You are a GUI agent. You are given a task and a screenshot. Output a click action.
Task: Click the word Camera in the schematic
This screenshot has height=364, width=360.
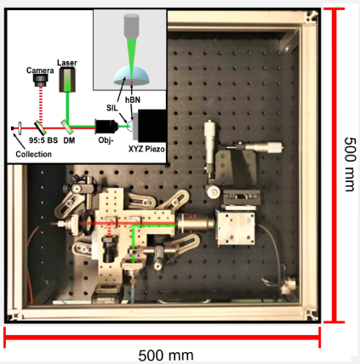pyautogui.click(x=40, y=71)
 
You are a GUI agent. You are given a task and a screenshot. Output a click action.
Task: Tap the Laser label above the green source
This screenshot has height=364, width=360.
pyautogui.click(x=67, y=63)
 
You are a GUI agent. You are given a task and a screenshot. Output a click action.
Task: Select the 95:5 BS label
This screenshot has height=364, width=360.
pyautogui.click(x=43, y=140)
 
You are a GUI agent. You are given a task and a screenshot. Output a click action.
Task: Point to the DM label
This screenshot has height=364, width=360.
pyautogui.click(x=69, y=140)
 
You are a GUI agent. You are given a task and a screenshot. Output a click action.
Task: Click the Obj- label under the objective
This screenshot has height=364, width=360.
pyautogui.click(x=106, y=140)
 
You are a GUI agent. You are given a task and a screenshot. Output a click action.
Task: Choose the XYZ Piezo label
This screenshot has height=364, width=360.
pyautogui.click(x=146, y=149)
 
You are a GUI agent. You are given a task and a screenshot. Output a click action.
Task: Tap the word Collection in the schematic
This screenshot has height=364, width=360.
pyautogui.click(x=34, y=154)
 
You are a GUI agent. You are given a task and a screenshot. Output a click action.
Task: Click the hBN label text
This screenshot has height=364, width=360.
pyautogui.click(x=133, y=100)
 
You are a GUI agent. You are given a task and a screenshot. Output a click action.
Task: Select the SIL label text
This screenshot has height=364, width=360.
pyautogui.click(x=112, y=108)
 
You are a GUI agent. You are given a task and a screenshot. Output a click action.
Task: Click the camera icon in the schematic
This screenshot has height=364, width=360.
pyautogui.click(x=40, y=80)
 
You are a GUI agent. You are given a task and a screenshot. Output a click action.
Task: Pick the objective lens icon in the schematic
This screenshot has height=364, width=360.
pyautogui.click(x=106, y=127)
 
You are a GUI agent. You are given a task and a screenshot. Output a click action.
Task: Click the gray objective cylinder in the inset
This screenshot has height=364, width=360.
pyautogui.click(x=131, y=26)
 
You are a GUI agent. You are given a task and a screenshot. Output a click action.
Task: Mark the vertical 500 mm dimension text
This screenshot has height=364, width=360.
pyautogui.click(x=350, y=164)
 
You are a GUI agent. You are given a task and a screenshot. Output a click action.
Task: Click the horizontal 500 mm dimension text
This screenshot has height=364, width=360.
pyautogui.click(x=166, y=355)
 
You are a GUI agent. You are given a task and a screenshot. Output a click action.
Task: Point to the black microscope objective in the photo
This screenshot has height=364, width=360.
pyautogui.click(x=196, y=224)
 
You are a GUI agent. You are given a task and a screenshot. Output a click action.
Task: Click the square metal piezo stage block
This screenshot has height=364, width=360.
pyautogui.click(x=236, y=228)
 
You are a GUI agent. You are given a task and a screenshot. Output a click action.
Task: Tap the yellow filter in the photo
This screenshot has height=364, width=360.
pyautogui.click(x=90, y=223)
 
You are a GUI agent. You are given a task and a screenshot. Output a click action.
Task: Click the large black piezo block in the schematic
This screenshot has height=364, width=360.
pyautogui.click(x=151, y=126)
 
